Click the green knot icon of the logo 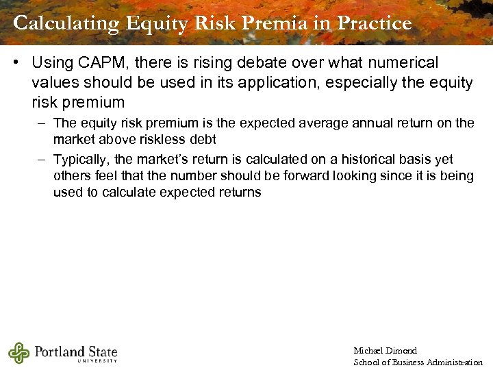click(x=18, y=352)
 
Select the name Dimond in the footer click(x=402, y=351)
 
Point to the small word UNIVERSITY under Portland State click(x=97, y=361)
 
